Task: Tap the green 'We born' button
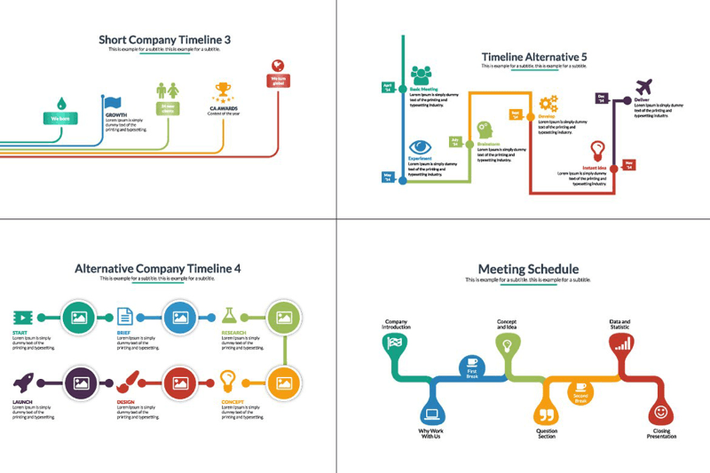(60, 118)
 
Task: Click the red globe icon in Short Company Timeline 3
(279, 65)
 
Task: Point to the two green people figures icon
(167, 91)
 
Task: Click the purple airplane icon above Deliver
(644, 87)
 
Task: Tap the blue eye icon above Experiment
(420, 146)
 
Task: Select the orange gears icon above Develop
(548, 103)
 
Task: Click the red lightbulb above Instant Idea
(598, 149)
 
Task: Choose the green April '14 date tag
(387, 87)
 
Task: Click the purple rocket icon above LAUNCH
(24, 382)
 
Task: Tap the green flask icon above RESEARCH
(230, 315)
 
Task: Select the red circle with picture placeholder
(181, 383)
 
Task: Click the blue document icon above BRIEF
(125, 315)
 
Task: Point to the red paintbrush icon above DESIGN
(126, 382)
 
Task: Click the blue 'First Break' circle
(472, 367)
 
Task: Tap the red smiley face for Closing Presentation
(660, 412)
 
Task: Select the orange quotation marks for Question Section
(546, 414)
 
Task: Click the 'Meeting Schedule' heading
(528, 269)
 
